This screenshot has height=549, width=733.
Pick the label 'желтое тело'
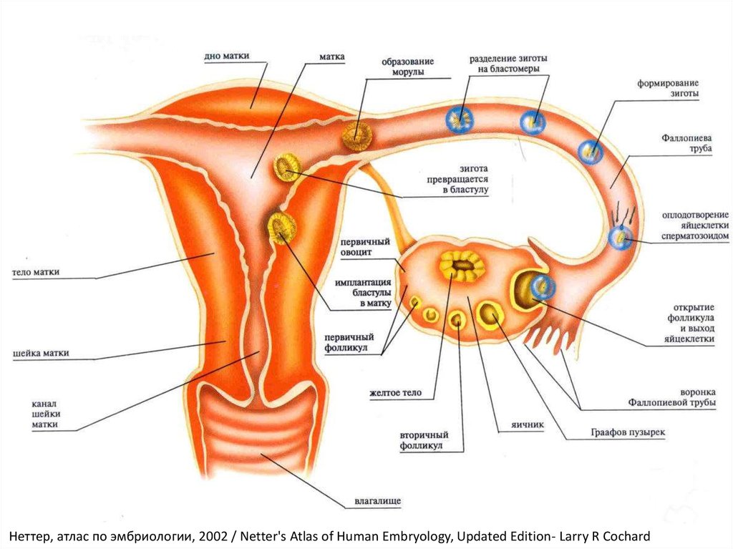click(x=395, y=393)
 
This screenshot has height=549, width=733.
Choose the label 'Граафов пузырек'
click(x=628, y=433)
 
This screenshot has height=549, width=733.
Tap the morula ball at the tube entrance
click(x=355, y=135)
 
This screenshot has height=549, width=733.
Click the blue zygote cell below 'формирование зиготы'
click(x=591, y=151)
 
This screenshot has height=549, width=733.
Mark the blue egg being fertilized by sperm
click(x=620, y=238)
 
